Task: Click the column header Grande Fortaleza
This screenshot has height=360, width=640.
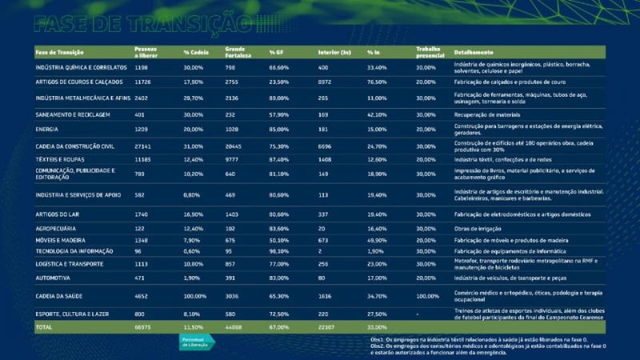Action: (238, 53)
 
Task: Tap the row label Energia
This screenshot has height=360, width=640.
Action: (47, 129)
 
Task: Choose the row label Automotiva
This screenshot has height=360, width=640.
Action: (54, 278)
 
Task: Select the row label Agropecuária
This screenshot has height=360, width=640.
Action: (57, 228)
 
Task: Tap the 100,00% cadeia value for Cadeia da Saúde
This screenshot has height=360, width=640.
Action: (195, 295)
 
